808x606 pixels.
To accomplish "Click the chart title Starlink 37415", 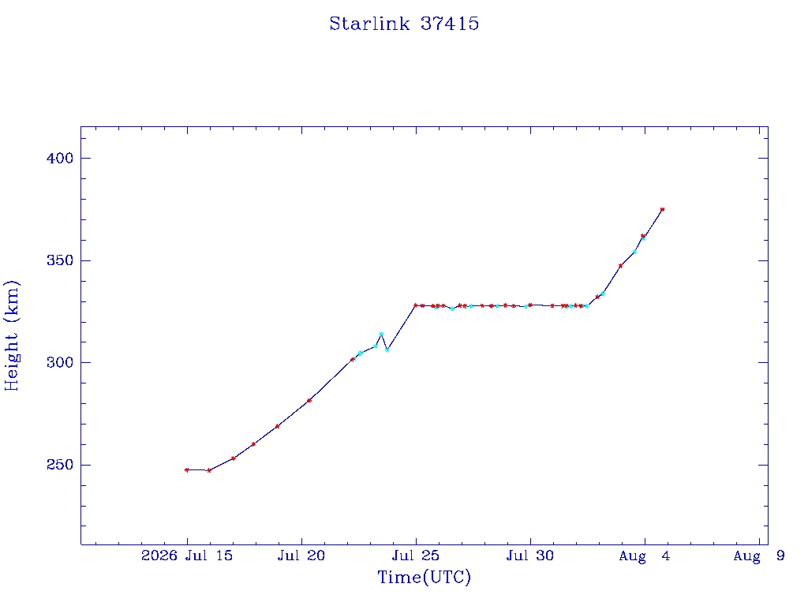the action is pos(404,24).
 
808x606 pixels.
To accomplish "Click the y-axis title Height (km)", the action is pos(11,335).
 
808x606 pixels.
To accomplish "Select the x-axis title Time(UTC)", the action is pos(424,577).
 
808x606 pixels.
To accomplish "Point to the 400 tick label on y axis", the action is pos(60,158).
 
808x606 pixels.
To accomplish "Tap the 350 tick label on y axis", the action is pos(60,260).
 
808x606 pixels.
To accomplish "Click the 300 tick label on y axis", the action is pos(60,362).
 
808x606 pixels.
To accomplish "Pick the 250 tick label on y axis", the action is pos(60,464).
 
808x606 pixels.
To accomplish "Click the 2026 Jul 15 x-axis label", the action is pos(187,555).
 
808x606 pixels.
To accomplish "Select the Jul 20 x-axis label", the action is pos(301,555).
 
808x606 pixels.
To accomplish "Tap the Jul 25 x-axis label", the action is pos(416,555).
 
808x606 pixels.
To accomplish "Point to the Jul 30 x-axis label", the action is pos(530,555).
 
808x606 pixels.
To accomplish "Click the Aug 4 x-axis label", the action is pos(645,555).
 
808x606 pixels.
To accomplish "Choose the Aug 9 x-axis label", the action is pos(759,555).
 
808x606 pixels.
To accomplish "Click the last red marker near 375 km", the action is pos(662,210).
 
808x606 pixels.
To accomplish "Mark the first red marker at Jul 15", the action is pos(186,470).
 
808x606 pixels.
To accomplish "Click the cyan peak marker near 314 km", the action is pos(381,335).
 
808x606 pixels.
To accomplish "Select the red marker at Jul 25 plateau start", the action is pos(415,305).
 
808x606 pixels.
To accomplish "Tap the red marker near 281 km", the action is pos(309,400).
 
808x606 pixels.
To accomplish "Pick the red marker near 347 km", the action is pos(620,266).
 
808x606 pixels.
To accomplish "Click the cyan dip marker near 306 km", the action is pos(387,350).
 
